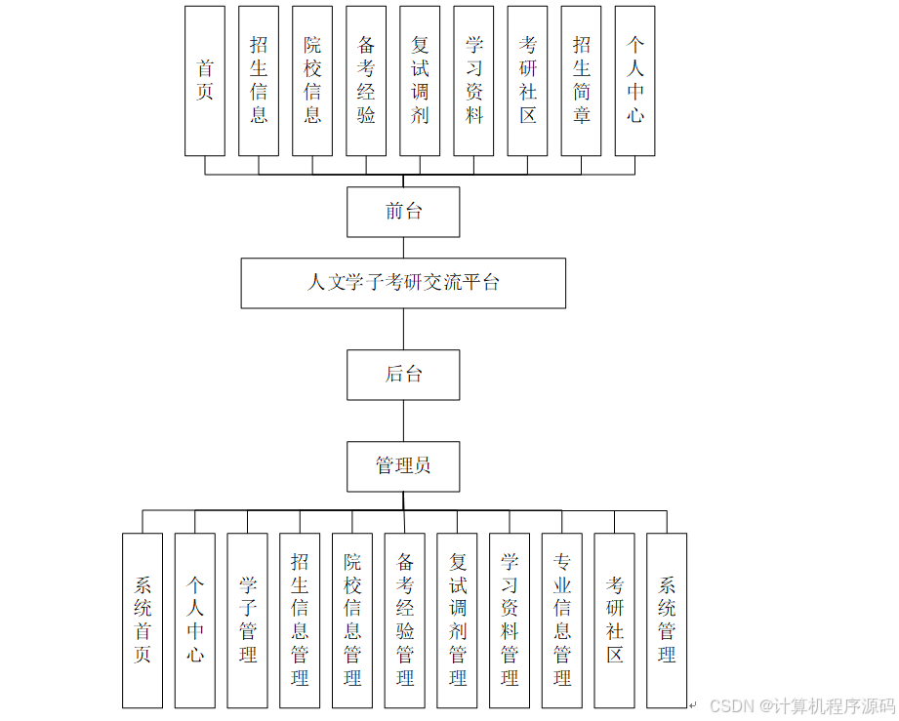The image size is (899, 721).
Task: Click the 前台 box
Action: click(x=403, y=212)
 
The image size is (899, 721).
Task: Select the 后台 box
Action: click(x=403, y=375)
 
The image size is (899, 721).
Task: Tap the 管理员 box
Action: click(x=403, y=466)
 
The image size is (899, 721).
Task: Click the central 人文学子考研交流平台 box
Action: click(x=403, y=283)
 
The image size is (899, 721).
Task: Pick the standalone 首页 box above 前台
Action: click(x=205, y=81)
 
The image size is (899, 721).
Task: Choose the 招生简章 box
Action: click(x=581, y=81)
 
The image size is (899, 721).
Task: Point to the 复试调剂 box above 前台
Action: click(x=420, y=81)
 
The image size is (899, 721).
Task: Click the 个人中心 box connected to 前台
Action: click(x=634, y=81)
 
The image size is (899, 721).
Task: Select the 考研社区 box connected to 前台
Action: click(x=527, y=81)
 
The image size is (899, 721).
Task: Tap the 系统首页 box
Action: click(x=143, y=621)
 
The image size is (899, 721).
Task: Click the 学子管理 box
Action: click(x=248, y=621)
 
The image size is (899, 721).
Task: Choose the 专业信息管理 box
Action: click(x=562, y=621)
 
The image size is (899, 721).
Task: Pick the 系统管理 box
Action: click(x=667, y=621)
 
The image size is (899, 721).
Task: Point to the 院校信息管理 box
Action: click(x=352, y=621)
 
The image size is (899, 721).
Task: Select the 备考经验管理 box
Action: click(x=405, y=621)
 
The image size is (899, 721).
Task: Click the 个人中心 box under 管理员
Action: click(x=195, y=621)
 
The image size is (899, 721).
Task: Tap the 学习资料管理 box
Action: click(x=510, y=621)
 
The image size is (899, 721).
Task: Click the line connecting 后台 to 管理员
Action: click(x=403, y=421)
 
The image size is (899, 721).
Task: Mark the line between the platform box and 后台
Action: click(x=403, y=329)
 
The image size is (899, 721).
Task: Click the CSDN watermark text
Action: click(x=801, y=705)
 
